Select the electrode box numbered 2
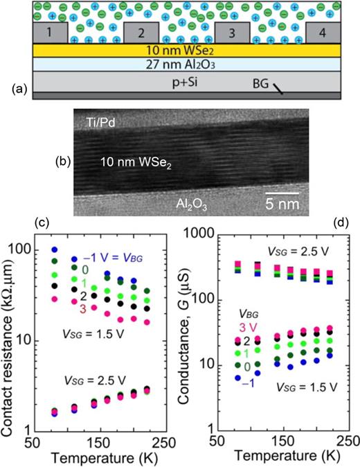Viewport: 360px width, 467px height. point(141,33)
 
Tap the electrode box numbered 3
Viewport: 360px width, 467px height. point(233,33)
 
